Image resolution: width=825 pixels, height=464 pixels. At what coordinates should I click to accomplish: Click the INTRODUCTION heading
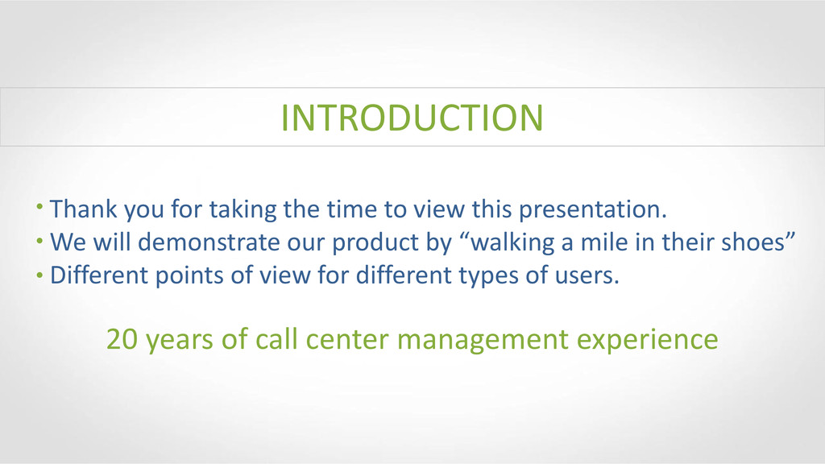412,118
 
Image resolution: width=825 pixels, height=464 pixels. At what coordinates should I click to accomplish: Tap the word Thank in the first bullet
84,209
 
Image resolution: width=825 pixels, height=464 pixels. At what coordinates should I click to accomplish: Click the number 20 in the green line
122,339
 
